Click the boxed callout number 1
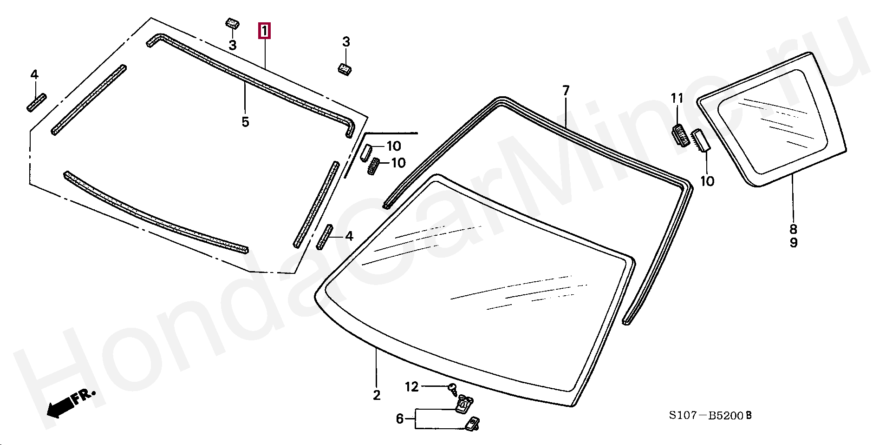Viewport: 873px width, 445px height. tap(264, 32)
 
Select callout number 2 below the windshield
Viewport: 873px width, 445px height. tap(377, 395)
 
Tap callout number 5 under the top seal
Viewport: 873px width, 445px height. tap(245, 122)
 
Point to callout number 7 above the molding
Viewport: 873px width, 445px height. tap(566, 91)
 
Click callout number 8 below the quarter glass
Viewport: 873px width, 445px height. tap(793, 229)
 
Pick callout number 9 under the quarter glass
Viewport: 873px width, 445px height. tap(793, 242)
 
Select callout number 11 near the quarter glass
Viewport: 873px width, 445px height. tap(677, 98)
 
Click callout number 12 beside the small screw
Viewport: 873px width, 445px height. tap(412, 386)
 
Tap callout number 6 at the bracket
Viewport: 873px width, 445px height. tap(400, 419)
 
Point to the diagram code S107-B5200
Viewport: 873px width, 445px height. tap(710, 416)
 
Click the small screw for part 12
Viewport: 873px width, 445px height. tap(453, 389)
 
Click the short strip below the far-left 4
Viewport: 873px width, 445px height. tap(36, 103)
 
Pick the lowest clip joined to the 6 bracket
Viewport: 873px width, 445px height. tap(472, 423)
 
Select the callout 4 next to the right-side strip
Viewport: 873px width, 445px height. tap(349, 236)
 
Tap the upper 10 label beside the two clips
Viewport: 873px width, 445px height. tap(393, 146)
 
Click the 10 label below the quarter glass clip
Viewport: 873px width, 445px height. tap(707, 181)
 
